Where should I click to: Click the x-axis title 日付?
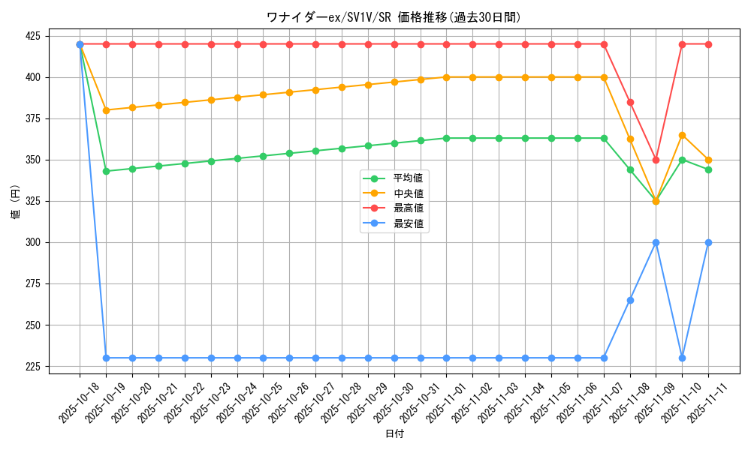pyautogui.click(x=394, y=434)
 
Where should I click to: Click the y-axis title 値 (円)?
pyautogui.click(x=15, y=202)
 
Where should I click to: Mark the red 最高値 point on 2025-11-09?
pyautogui.click(x=656, y=160)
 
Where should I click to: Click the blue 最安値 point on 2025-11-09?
pyautogui.click(x=656, y=242)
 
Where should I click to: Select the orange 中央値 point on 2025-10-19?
pyautogui.click(x=106, y=110)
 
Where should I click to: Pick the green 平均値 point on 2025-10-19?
pyautogui.click(x=106, y=171)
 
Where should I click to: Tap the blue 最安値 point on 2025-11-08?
pyautogui.click(x=630, y=300)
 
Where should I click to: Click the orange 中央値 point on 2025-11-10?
pyautogui.click(x=682, y=135)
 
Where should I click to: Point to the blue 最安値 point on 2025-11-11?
pyautogui.click(x=708, y=242)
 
